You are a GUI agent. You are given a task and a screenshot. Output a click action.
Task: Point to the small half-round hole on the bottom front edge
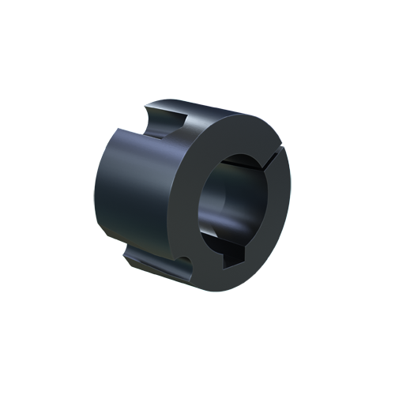pos(184,261)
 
